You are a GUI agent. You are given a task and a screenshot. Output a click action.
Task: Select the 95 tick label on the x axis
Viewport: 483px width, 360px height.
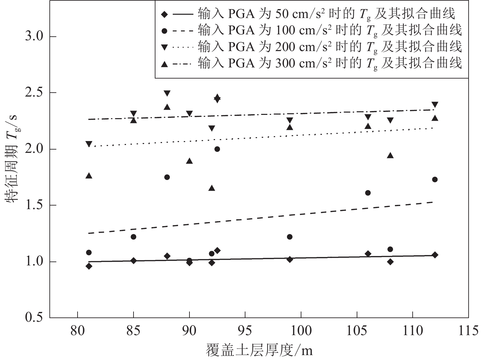click(245, 331)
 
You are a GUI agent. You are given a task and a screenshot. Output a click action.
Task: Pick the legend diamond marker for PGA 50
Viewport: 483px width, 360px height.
click(165, 14)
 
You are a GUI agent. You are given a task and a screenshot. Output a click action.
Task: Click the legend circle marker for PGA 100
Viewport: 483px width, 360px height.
click(165, 31)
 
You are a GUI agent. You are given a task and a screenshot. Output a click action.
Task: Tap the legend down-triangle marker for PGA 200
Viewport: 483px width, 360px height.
click(165, 47)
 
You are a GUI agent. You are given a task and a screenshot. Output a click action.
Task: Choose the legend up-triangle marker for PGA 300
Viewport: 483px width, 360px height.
click(165, 64)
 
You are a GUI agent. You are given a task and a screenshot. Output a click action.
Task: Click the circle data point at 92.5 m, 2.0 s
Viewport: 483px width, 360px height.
click(217, 149)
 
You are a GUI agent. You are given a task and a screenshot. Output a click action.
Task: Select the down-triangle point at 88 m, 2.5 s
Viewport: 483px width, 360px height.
click(167, 93)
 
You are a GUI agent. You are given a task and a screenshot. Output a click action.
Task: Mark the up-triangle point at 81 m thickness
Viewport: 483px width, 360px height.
click(89, 176)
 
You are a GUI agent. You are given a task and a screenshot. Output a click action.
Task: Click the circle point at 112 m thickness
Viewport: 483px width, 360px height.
click(435, 179)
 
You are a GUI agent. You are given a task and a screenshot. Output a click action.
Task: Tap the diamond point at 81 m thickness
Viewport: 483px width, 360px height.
click(89, 266)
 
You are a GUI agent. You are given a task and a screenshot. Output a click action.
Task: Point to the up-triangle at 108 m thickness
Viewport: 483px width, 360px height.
click(390, 155)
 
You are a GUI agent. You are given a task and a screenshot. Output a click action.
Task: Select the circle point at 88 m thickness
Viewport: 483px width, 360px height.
click(167, 177)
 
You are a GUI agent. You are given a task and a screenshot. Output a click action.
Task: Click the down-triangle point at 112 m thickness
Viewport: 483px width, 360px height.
click(435, 105)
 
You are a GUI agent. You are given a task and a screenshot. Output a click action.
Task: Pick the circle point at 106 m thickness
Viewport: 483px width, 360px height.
click(368, 193)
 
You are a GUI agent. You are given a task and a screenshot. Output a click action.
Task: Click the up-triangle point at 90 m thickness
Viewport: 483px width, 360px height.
click(189, 161)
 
